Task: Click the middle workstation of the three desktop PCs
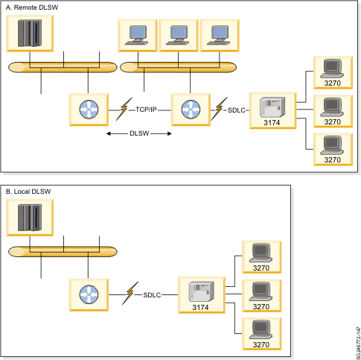[x=177, y=34]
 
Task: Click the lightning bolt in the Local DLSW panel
[x=131, y=293]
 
